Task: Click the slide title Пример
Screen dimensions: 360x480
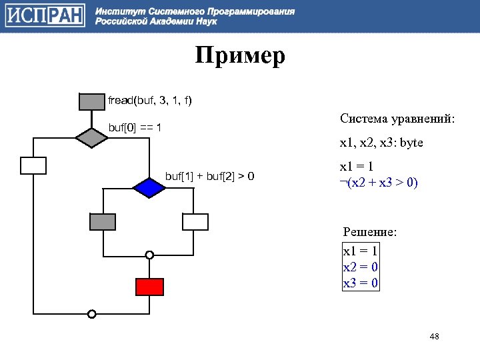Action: pyautogui.click(x=240, y=55)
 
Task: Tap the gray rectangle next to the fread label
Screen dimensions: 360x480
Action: pyautogui.click(x=92, y=101)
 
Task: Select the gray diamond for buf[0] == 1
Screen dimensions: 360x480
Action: pyautogui.click(x=92, y=137)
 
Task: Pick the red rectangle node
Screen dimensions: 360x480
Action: pyautogui.click(x=149, y=287)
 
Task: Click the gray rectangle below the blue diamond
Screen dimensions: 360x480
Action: pyautogui.click(x=103, y=221)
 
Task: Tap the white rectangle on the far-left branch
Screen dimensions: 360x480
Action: pyautogui.click(x=33, y=165)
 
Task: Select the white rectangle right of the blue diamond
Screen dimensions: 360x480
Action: pyautogui.click(x=195, y=221)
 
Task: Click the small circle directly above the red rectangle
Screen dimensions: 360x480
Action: pyautogui.click(x=149, y=255)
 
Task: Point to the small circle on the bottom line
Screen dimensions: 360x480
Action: pyautogui.click(x=92, y=313)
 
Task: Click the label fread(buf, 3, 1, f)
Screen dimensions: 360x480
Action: pyautogui.click(x=150, y=101)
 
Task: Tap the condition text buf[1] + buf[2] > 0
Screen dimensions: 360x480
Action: pyautogui.click(x=209, y=176)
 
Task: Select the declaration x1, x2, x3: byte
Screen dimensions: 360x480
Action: pyautogui.click(x=381, y=143)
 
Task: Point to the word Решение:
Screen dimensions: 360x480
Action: pyautogui.click(x=369, y=232)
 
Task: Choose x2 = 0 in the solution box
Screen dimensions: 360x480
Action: pyautogui.click(x=361, y=267)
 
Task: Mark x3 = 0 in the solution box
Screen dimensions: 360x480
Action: pyautogui.click(x=361, y=283)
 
